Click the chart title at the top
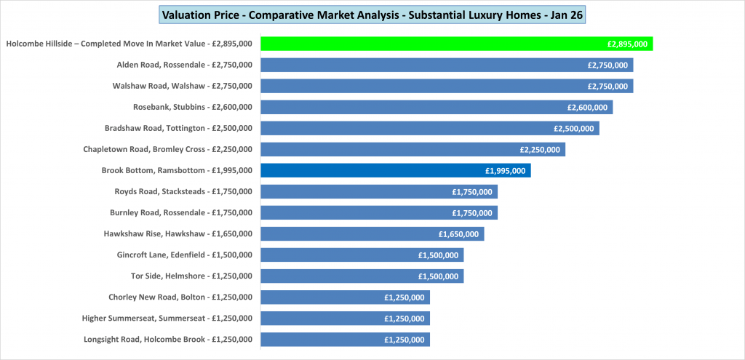coord(372,15)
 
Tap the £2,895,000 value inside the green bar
coord(627,44)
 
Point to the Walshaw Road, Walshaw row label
coord(182,86)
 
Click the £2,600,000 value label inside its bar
coord(587,107)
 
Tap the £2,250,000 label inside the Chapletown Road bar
coord(540,149)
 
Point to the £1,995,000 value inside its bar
coord(506,170)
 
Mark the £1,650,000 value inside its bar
coord(458,233)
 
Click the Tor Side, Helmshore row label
coord(191,276)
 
